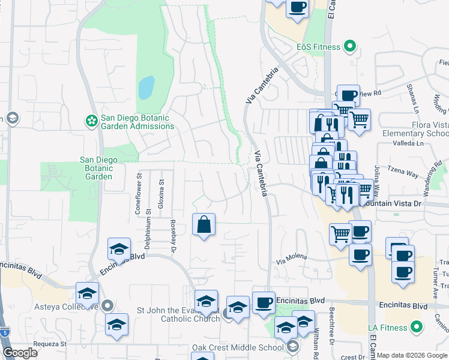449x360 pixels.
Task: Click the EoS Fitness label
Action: tap(318, 47)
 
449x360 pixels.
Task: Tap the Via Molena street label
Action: tap(291, 259)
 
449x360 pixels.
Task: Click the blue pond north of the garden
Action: tap(146, 88)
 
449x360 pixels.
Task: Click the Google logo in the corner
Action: tap(20, 353)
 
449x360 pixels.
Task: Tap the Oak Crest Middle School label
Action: tap(238, 347)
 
